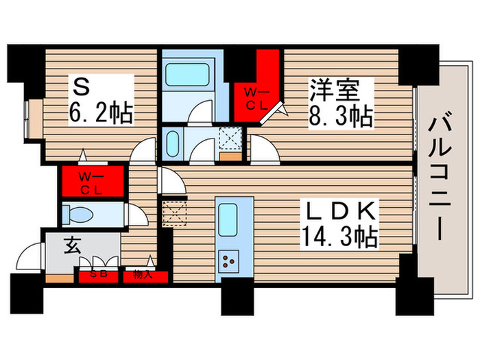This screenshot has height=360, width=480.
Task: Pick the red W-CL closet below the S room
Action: tap(92, 182)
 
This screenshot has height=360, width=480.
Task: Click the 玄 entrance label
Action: tap(71, 245)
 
